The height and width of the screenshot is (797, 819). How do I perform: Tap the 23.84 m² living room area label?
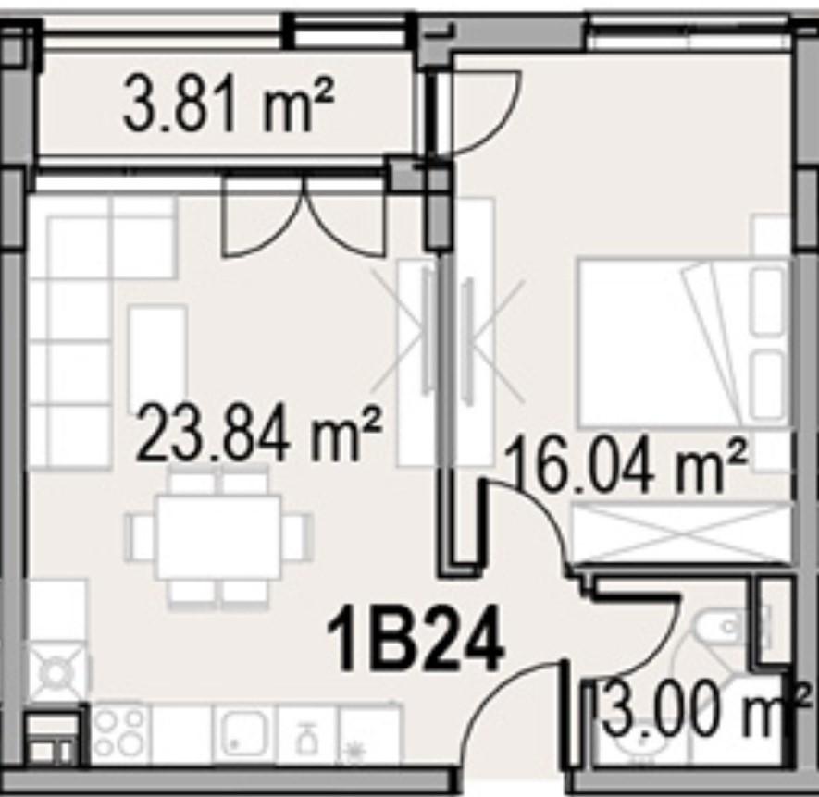(x=259, y=435)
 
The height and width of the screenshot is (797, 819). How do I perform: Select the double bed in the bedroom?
(x=682, y=343)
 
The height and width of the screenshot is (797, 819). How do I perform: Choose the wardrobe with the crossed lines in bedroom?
(x=682, y=533)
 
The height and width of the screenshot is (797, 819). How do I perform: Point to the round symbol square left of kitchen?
(x=55, y=672)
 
